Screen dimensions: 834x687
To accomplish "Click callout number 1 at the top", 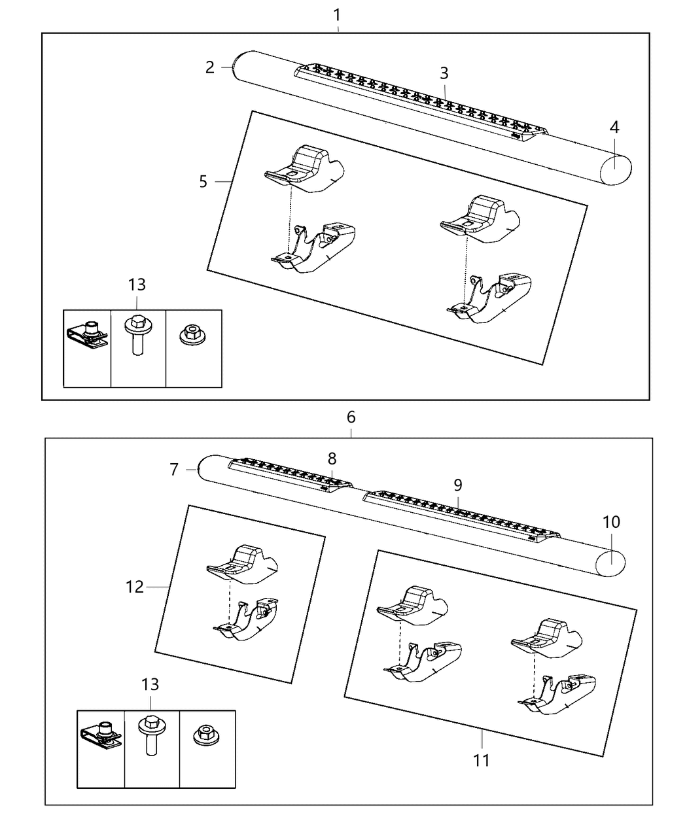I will [337, 13].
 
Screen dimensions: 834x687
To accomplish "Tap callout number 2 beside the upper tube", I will [209, 67].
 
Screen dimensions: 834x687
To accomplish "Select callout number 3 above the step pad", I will [444, 73].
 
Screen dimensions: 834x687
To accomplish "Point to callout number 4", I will [614, 127].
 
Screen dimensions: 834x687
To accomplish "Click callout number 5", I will [203, 181].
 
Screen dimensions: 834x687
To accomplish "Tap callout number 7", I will [174, 469].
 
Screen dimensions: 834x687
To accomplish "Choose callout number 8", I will [332, 459].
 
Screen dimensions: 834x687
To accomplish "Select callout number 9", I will [458, 485].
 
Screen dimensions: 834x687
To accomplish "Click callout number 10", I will [611, 522].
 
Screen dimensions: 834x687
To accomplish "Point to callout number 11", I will [482, 759].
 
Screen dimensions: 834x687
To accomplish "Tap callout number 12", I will [134, 587].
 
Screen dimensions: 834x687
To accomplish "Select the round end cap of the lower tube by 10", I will [611, 562].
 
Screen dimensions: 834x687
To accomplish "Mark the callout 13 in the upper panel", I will [137, 285].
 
